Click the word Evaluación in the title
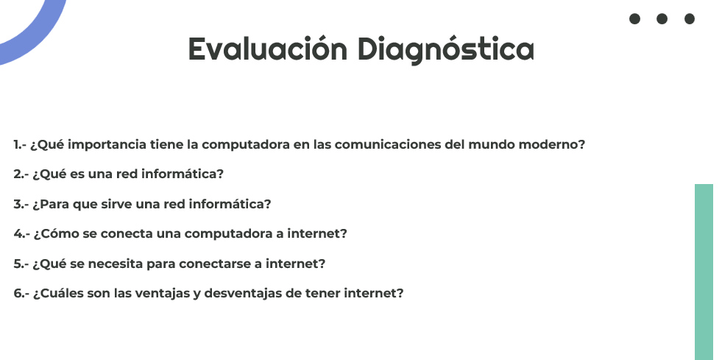point(267,49)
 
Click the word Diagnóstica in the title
point(446,50)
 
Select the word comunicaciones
point(388,144)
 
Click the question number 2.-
point(21,174)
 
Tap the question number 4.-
point(21,234)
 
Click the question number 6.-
point(21,293)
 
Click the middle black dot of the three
point(662,19)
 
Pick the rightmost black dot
point(690,19)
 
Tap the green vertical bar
point(704,272)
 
